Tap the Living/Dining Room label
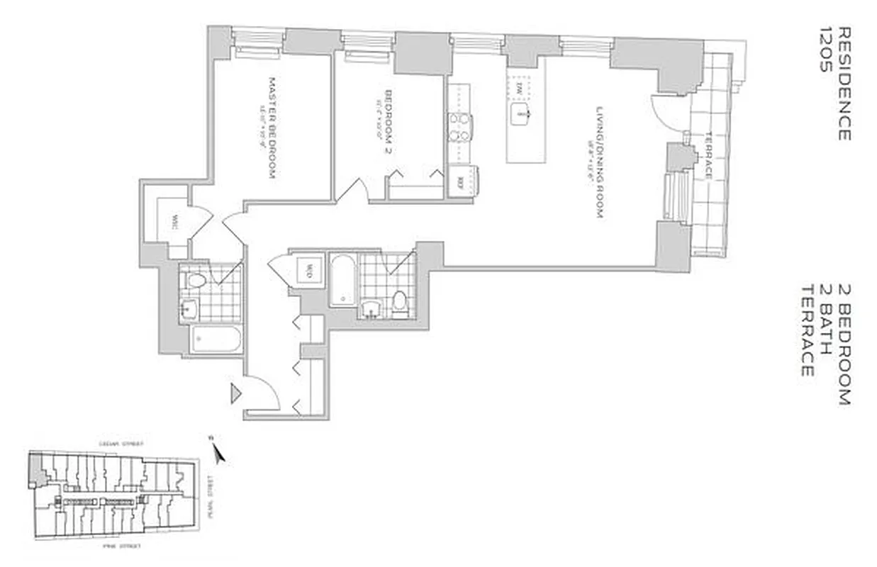click(x=599, y=162)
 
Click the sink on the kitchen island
click(x=522, y=112)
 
